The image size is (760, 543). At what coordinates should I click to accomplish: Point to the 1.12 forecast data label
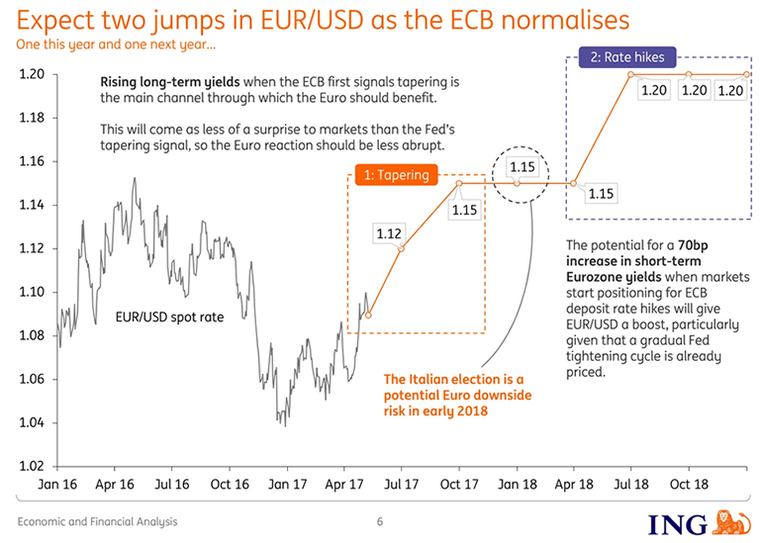tap(389, 233)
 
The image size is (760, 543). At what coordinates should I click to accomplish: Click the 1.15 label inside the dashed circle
tap(522, 167)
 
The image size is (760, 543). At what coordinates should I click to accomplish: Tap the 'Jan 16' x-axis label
tap(58, 486)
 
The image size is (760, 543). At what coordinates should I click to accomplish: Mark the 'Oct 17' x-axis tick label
tap(459, 486)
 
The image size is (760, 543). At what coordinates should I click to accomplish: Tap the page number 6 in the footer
tap(379, 521)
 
